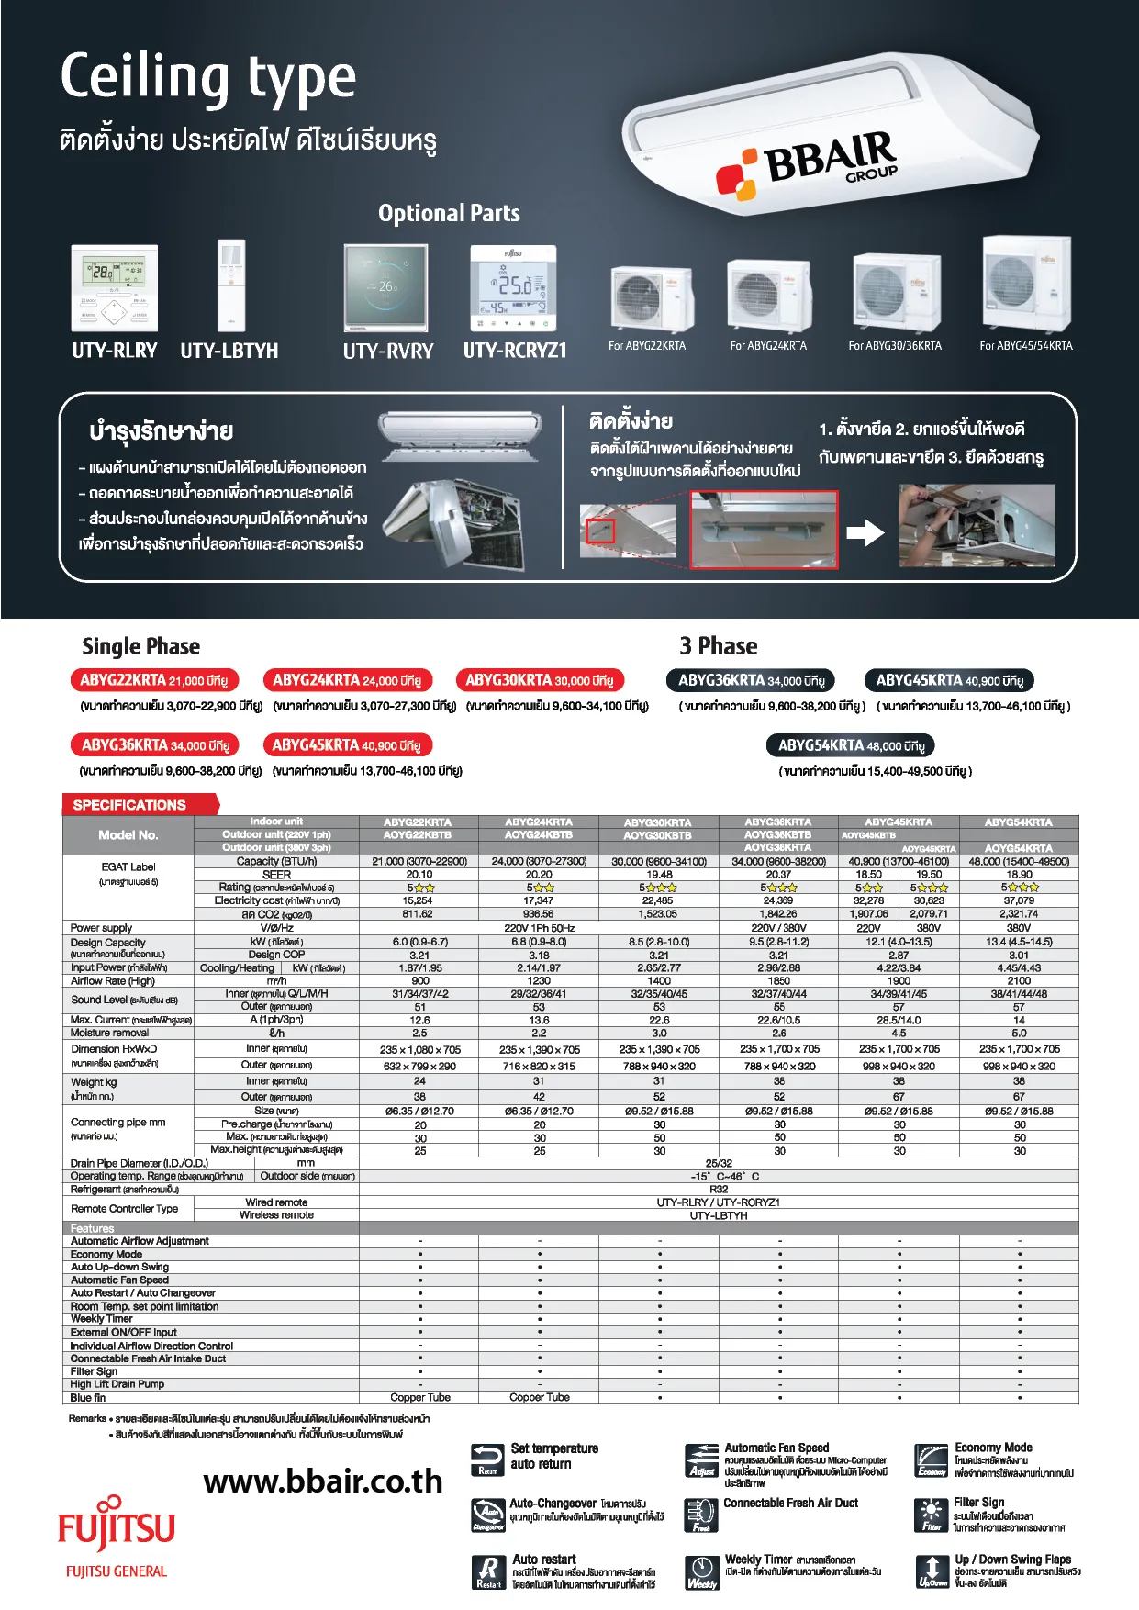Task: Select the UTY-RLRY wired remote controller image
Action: tap(115, 287)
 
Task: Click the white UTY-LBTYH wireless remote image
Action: tap(231, 285)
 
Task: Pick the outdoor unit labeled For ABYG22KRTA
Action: tap(652, 298)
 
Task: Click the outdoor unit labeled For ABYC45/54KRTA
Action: tap(1026, 284)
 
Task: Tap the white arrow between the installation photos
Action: tap(865, 532)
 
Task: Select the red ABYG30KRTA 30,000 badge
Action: tap(540, 680)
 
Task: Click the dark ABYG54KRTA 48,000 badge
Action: tap(851, 745)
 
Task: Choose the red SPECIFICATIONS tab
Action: tap(138, 805)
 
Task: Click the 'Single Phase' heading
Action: tap(140, 646)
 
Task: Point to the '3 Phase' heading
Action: tap(718, 646)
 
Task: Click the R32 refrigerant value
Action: tap(719, 1189)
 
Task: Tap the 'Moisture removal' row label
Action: tap(110, 1033)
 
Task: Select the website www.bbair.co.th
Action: tap(322, 1481)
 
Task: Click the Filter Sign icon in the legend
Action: tap(932, 1515)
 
